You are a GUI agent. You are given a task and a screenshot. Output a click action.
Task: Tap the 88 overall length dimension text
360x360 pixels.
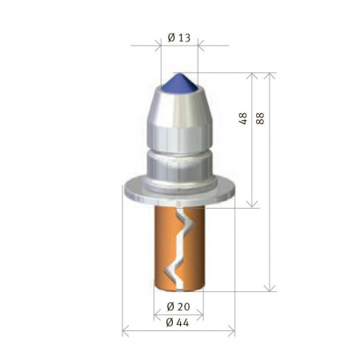(x=260, y=116)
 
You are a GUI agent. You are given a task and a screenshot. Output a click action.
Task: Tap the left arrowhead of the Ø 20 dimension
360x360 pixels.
(x=155, y=314)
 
